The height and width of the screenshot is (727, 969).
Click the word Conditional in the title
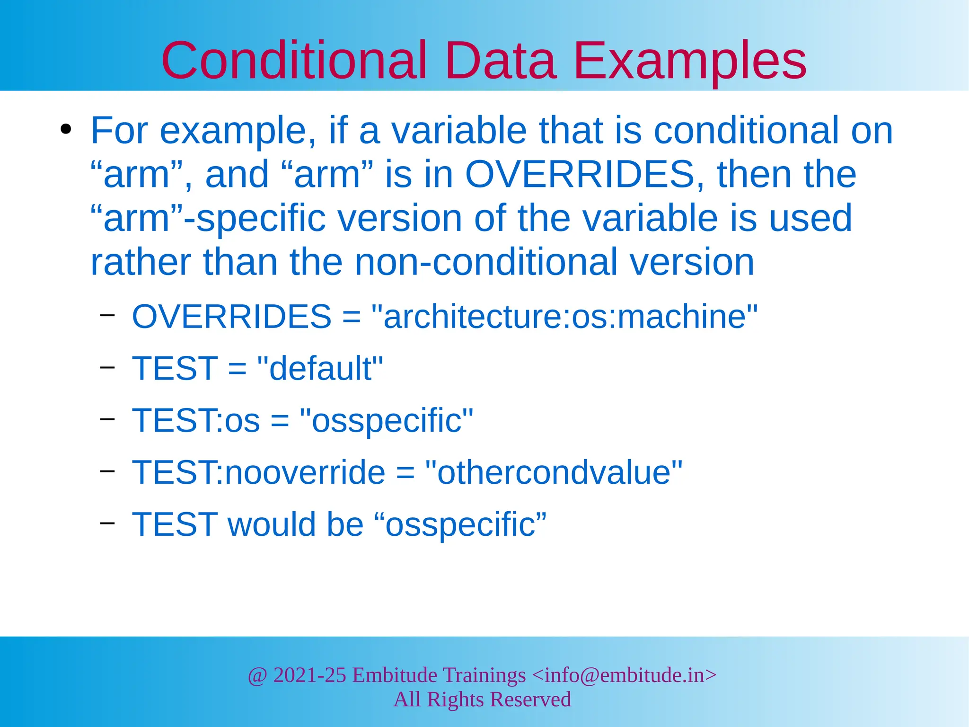[294, 61]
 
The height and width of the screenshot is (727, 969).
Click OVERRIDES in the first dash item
[231, 316]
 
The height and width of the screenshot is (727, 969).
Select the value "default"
[320, 368]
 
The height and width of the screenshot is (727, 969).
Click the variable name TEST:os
[196, 420]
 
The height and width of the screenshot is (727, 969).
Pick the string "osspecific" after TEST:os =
[387, 420]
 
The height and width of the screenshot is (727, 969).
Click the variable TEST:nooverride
[258, 472]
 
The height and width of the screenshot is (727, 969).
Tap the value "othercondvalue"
[554, 472]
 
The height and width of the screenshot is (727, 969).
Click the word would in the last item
[272, 524]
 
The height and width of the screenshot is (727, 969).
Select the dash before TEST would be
[107, 523]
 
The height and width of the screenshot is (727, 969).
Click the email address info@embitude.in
[624, 675]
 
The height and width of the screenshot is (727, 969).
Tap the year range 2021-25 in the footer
[309, 675]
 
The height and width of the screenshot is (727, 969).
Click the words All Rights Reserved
[482, 700]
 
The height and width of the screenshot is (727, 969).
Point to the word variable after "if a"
[459, 131]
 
